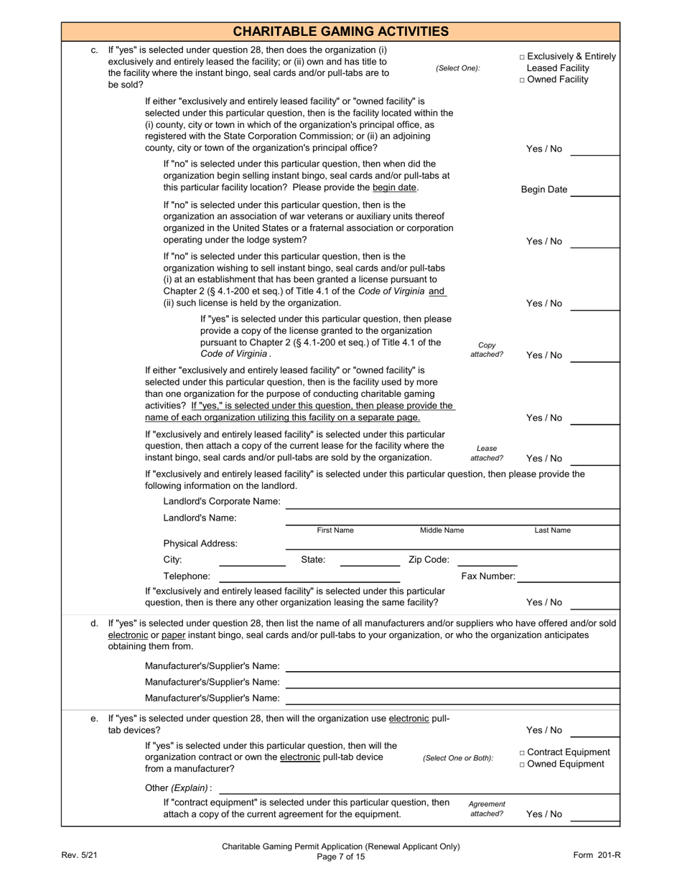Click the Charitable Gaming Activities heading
coord(341,32)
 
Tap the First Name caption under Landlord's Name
coord(335,531)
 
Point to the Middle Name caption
coord(442,531)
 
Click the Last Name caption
coord(552,531)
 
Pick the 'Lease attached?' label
coord(487,453)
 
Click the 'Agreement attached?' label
coord(487,809)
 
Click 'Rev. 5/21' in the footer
coord(78,854)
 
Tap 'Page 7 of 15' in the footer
coord(341,856)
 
